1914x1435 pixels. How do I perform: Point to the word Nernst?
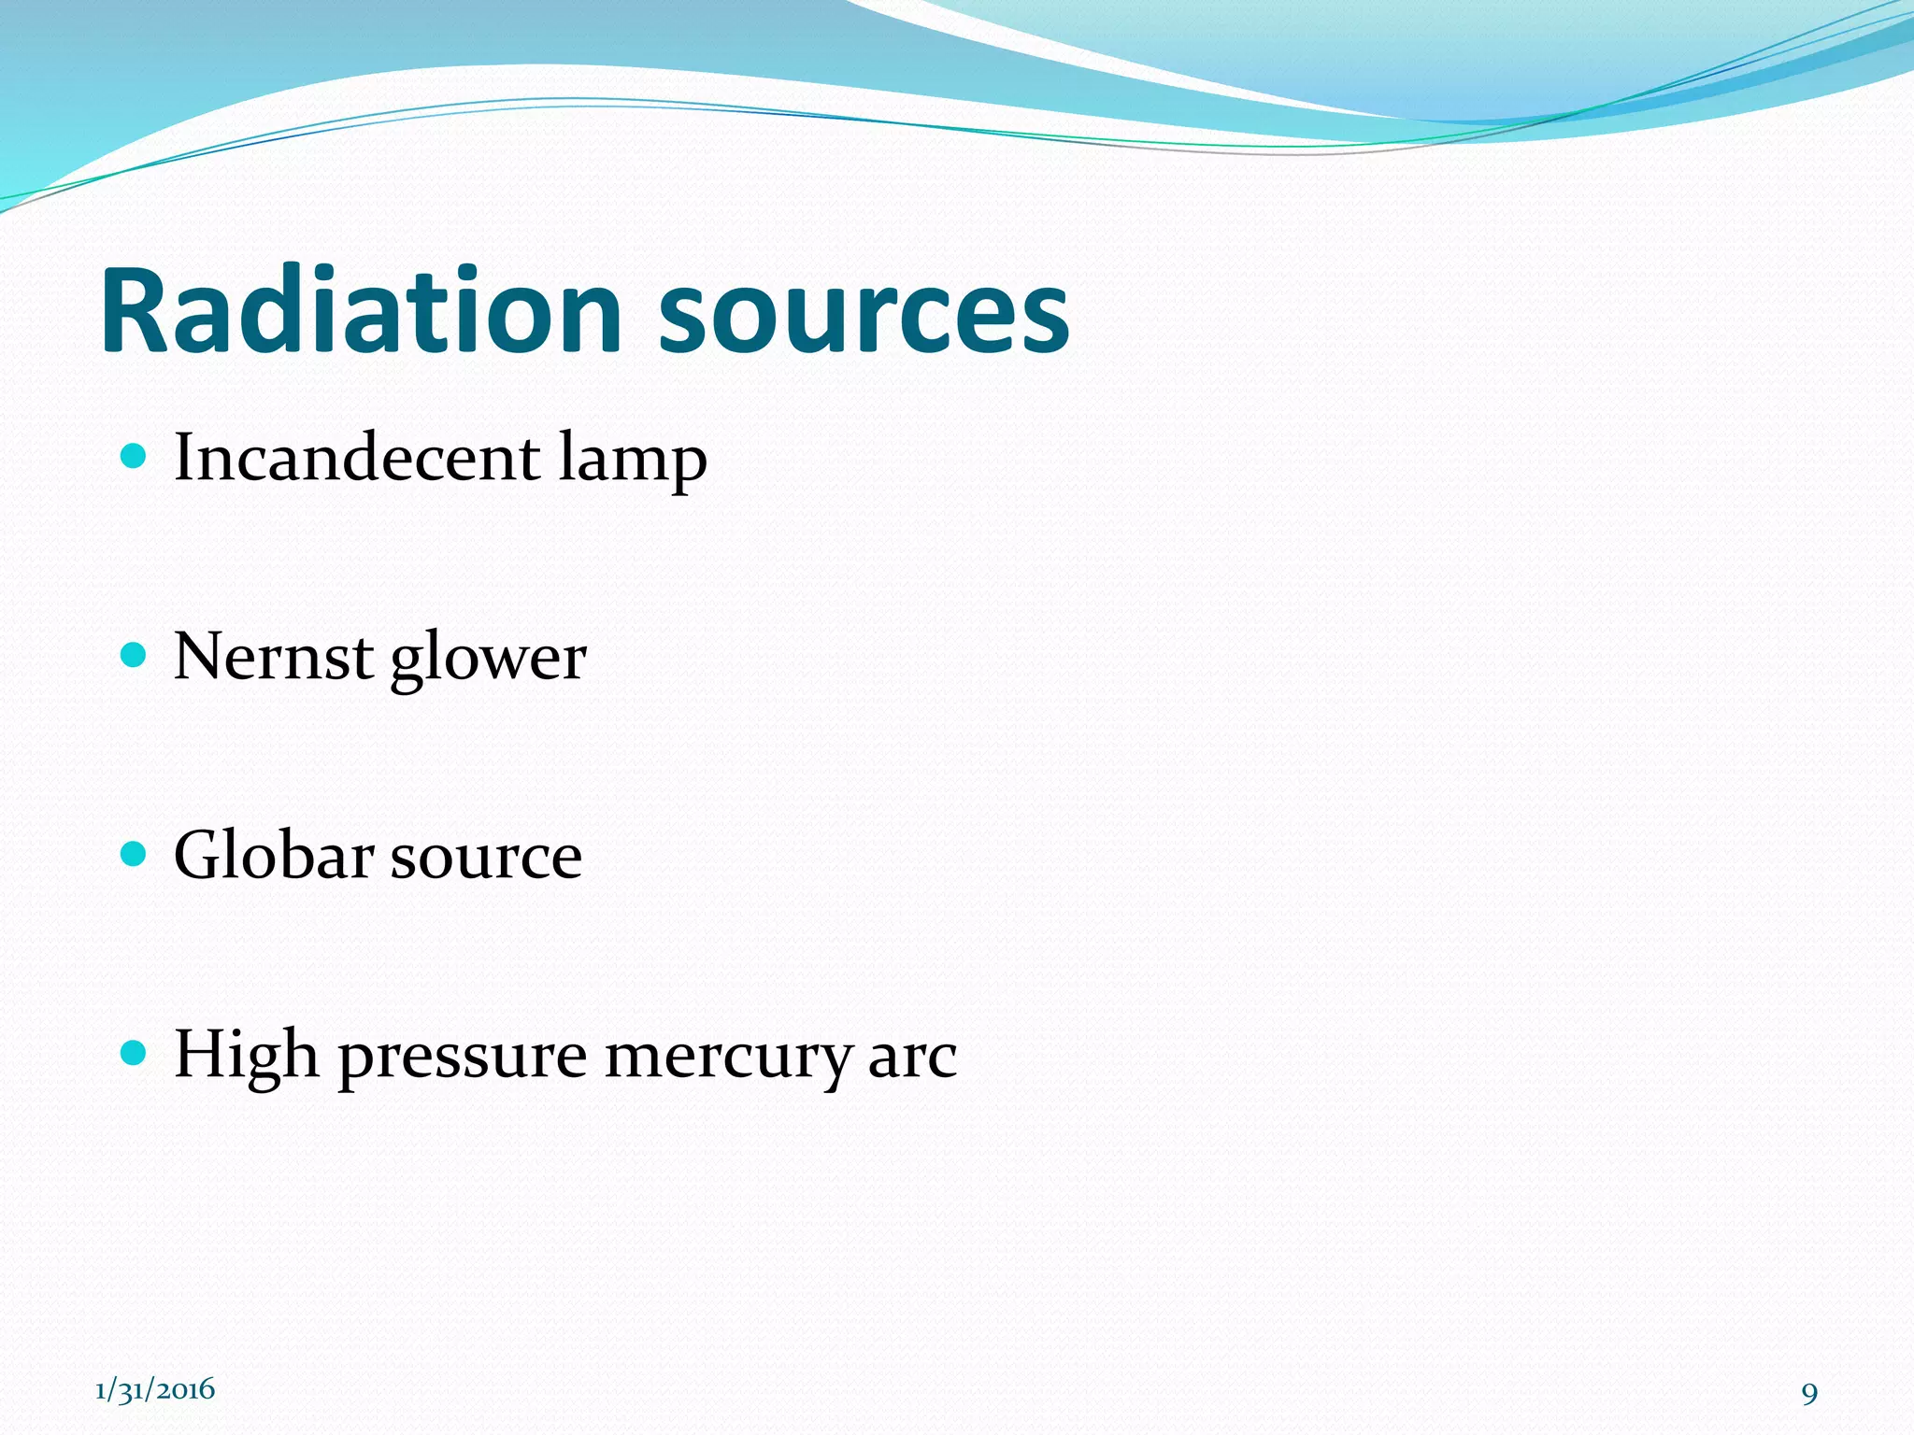pyautogui.click(x=274, y=657)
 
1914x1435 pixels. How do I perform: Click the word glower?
pyautogui.click(x=488, y=660)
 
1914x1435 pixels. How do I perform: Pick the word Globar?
pyautogui.click(x=274, y=856)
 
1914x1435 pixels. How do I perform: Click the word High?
pyautogui.click(x=246, y=1056)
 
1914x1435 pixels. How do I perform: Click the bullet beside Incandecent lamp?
pyautogui.click(x=135, y=456)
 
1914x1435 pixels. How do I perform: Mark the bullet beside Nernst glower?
pyautogui.click(x=135, y=655)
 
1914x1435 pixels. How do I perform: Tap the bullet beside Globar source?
pyautogui.click(x=135, y=854)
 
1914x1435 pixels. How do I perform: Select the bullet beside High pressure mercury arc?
pyautogui.click(x=135, y=1054)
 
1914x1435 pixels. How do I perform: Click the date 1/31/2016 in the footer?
pyautogui.click(x=155, y=1389)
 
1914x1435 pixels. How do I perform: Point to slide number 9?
pyautogui.click(x=1809, y=1394)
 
